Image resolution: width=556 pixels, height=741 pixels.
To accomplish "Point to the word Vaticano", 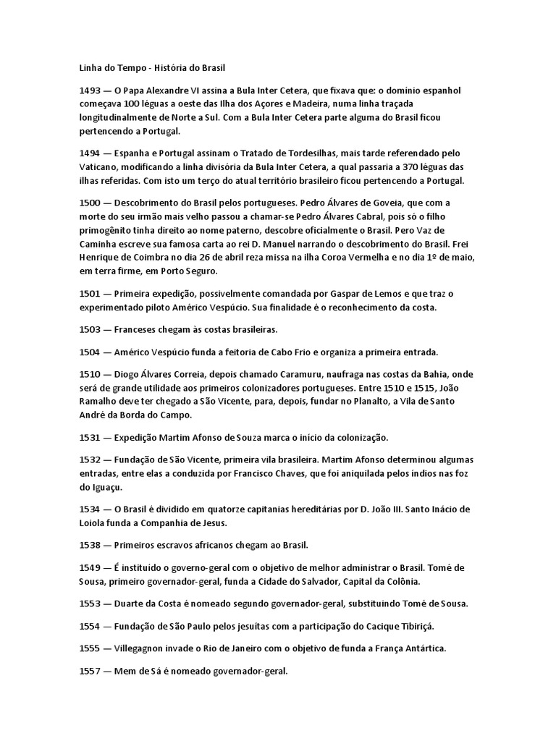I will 99,167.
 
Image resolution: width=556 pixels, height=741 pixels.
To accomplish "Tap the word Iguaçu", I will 96,488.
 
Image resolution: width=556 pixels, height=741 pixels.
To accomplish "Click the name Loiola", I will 94,523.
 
